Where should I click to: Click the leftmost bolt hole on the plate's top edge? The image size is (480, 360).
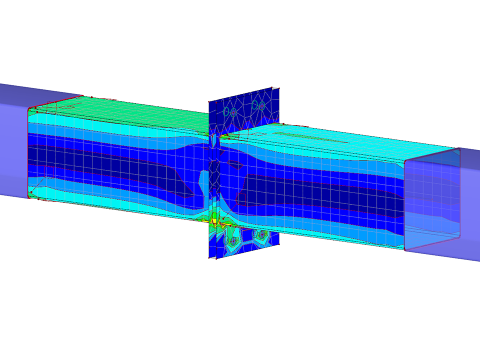[x=226, y=111]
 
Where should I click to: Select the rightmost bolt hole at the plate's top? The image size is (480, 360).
[x=262, y=105]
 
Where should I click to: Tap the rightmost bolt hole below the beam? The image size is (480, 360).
[x=261, y=233]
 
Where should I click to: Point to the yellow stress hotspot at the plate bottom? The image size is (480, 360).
[x=214, y=218]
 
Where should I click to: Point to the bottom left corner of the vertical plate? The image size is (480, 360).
[x=208, y=258]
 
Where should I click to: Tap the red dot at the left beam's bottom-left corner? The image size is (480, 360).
[x=31, y=192]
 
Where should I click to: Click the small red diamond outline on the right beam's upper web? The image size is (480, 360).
[x=235, y=163]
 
